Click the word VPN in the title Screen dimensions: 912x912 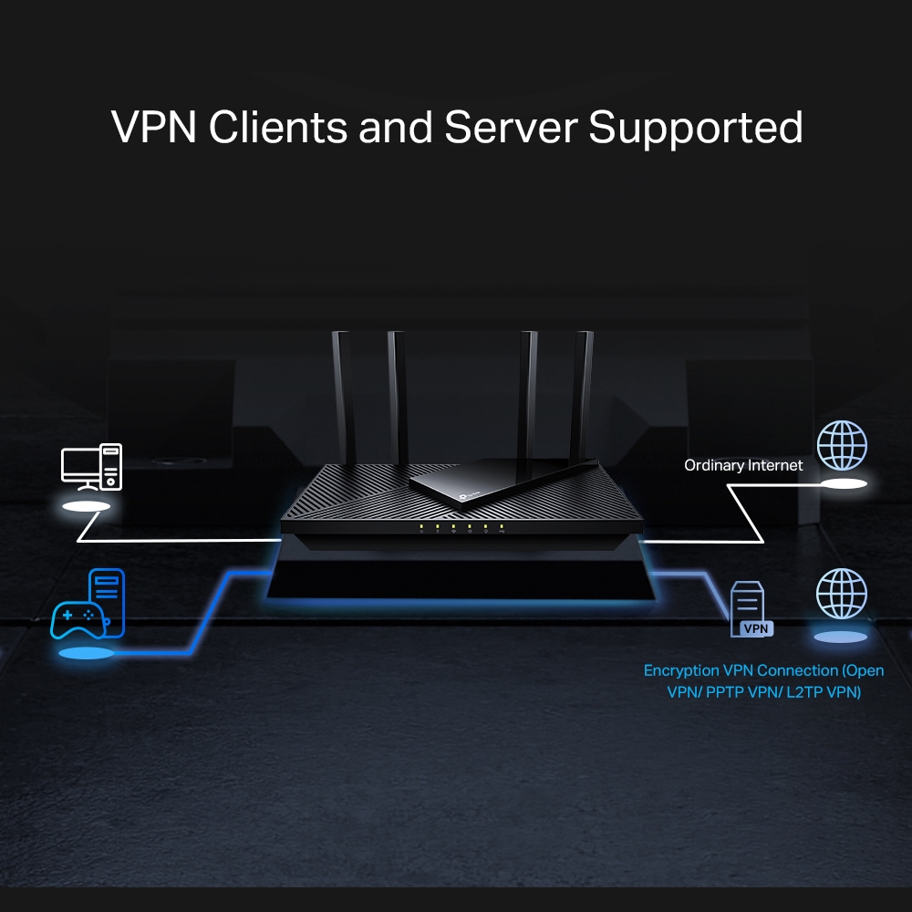(154, 128)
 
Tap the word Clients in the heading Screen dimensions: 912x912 (277, 128)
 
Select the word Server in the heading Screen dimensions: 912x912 (511, 128)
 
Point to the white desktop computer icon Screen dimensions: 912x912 (91, 465)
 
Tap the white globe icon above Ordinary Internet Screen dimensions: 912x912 (842, 445)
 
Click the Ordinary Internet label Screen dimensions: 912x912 (743, 465)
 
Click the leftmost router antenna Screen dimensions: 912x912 (342, 392)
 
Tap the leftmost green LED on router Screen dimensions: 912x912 (421, 526)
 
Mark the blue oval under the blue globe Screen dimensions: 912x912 (840, 637)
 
